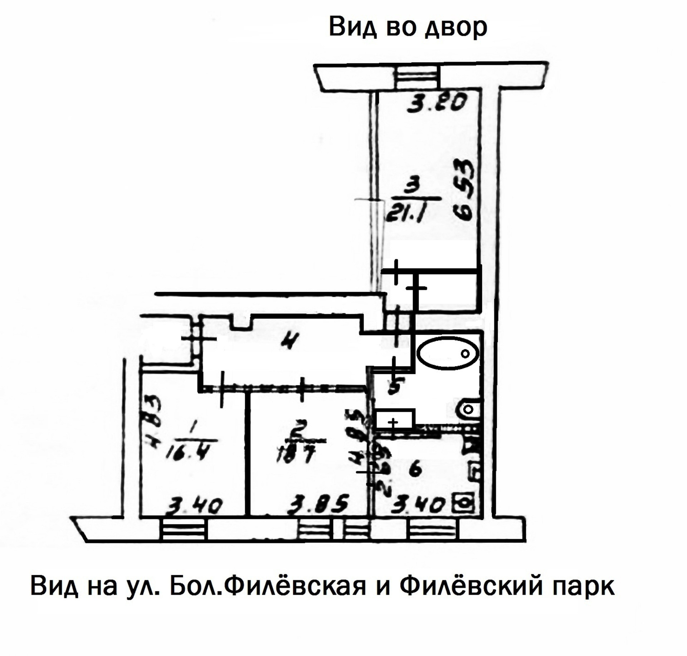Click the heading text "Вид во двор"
(408, 27)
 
